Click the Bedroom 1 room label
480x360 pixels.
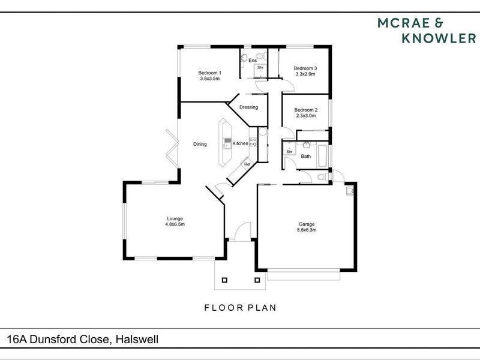coord(210,73)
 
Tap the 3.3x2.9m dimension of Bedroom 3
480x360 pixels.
coord(305,75)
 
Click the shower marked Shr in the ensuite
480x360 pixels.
coord(260,68)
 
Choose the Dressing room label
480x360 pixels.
coord(248,107)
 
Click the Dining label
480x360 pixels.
coord(200,144)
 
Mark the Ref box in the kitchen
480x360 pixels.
coord(246,163)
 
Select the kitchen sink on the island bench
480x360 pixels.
coord(227,143)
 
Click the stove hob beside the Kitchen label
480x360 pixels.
coord(253,143)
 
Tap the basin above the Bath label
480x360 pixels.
coord(306,146)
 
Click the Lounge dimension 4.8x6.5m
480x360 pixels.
coord(175,224)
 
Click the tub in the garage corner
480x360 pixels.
coord(350,191)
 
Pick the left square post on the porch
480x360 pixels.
coord(225,279)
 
